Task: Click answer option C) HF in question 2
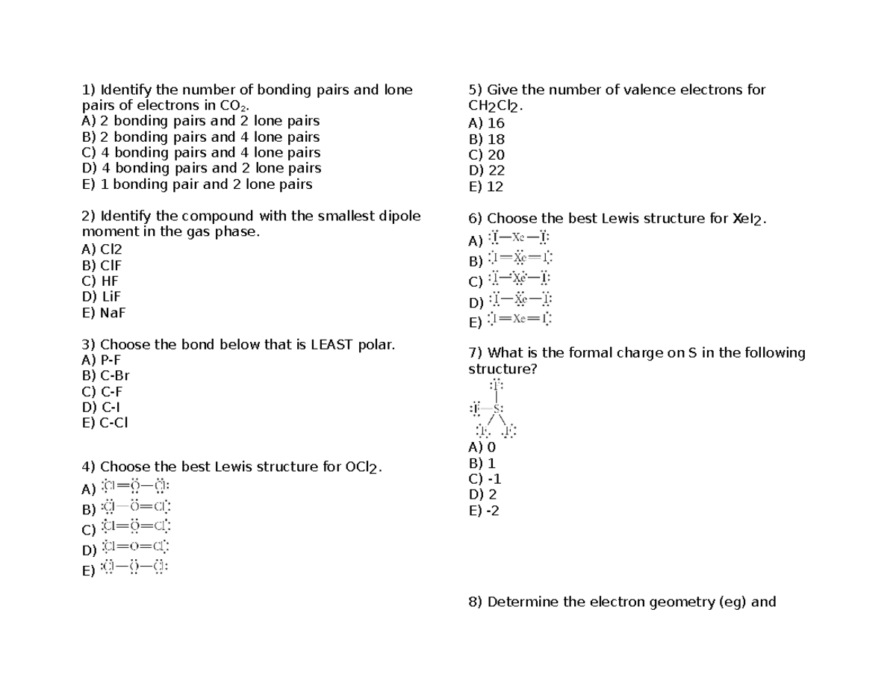(100, 281)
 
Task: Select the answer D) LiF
(101, 297)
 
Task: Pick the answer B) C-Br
(106, 376)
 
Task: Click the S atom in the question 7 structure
(498, 408)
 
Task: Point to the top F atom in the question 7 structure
(497, 385)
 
